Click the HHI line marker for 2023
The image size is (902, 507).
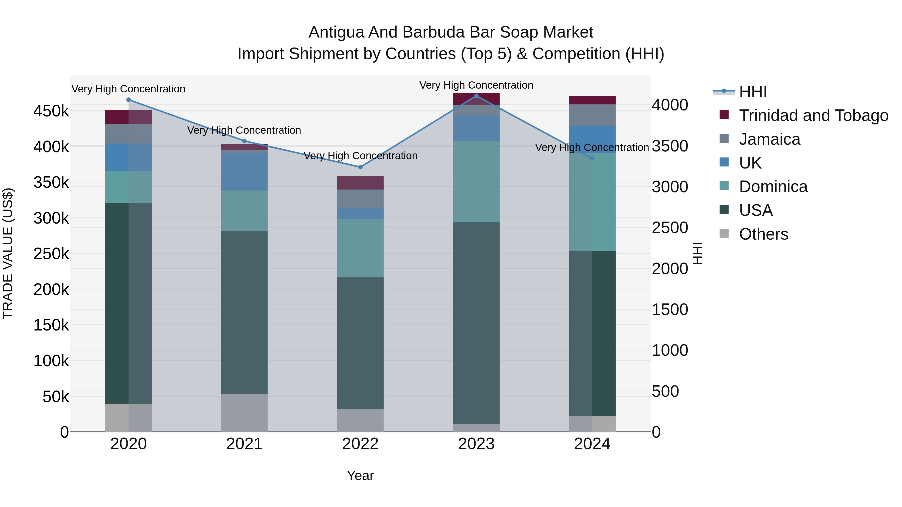(476, 96)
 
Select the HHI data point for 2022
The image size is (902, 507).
(360, 167)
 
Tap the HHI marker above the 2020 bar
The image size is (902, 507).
(129, 100)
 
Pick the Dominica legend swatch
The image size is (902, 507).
(724, 186)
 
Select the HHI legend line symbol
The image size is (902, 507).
(724, 91)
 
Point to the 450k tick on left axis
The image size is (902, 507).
(51, 111)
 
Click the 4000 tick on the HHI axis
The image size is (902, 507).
(670, 105)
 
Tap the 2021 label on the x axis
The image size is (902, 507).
(244, 444)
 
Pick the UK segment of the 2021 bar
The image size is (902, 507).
(244, 172)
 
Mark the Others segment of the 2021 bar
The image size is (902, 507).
(244, 413)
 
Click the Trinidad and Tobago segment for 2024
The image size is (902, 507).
(592, 100)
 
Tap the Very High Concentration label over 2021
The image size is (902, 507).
(244, 130)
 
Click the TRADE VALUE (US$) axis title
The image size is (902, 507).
(8, 253)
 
